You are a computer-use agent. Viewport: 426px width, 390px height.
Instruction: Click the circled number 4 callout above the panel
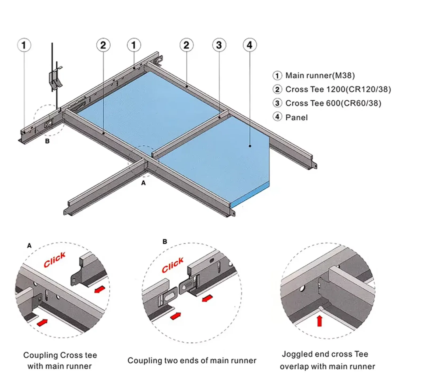click(250, 45)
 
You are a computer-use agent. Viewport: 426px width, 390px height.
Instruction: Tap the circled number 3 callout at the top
click(219, 45)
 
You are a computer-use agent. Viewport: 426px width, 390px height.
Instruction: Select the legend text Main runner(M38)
click(320, 76)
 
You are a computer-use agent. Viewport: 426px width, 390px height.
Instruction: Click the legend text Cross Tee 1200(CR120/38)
click(338, 89)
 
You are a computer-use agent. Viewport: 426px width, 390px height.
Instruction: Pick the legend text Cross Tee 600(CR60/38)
click(333, 103)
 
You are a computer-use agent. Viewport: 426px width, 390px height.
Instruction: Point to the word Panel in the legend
click(296, 117)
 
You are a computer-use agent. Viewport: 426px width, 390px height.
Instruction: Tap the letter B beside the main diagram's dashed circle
click(47, 141)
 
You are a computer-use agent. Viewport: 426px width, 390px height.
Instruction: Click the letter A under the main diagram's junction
click(144, 183)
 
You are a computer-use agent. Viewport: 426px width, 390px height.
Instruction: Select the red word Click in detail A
click(55, 260)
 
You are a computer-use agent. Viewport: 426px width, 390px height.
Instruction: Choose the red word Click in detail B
click(173, 265)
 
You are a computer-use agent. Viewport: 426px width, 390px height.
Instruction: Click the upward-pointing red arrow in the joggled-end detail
click(319, 321)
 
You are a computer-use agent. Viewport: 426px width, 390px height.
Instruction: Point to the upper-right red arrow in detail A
click(100, 289)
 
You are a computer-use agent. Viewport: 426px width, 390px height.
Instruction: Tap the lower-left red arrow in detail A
click(42, 322)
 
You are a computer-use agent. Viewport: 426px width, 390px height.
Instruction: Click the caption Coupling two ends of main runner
click(192, 360)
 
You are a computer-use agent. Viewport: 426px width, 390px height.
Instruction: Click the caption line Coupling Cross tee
click(60, 355)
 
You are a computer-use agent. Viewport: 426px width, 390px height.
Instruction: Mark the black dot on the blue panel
click(250, 146)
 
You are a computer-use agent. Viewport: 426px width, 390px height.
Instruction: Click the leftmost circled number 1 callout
click(24, 45)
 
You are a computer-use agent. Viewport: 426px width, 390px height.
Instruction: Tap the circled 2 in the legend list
click(277, 89)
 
